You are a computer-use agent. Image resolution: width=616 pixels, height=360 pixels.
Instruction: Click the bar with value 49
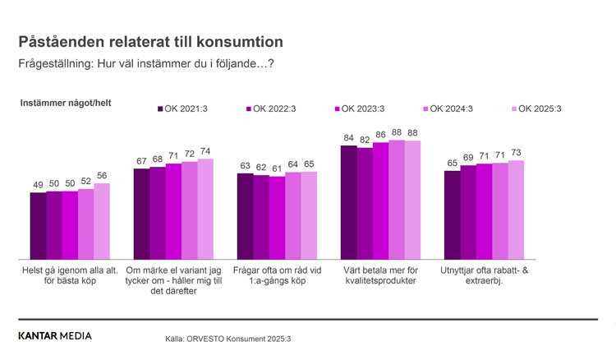pyautogui.click(x=38, y=226)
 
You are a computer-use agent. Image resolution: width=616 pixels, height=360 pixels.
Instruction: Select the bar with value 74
pyautogui.click(x=205, y=209)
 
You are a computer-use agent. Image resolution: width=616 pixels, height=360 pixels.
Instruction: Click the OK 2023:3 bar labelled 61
pyautogui.click(x=277, y=218)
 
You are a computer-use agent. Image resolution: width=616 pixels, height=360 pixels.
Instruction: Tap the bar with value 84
pyautogui.click(x=348, y=202)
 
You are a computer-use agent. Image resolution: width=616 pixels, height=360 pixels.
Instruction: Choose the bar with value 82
pyautogui.click(x=364, y=204)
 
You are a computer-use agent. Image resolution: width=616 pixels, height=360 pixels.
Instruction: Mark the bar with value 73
pyautogui.click(x=516, y=210)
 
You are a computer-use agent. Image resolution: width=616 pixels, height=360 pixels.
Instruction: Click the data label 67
pyautogui.click(x=141, y=161)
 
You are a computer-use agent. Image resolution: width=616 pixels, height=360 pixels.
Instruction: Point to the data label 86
pyautogui.click(x=380, y=134)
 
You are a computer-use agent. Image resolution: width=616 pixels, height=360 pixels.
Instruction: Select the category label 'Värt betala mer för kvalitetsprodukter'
pyautogui.click(x=379, y=275)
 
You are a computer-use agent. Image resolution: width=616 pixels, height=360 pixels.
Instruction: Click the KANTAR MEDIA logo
pyautogui.click(x=55, y=335)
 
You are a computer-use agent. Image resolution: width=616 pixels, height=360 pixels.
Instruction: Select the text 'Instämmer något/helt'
pyautogui.click(x=66, y=103)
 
